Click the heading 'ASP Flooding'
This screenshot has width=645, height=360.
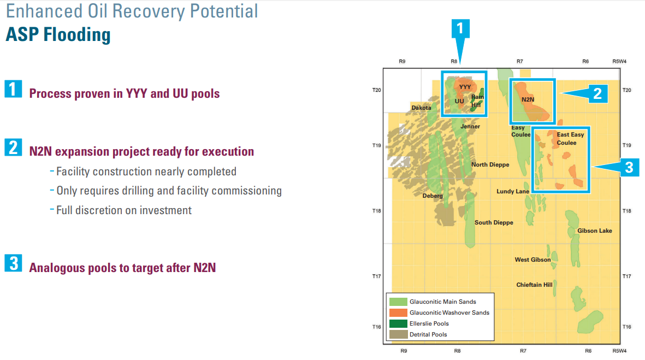pos(58,34)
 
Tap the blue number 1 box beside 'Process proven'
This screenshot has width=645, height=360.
pos(13,89)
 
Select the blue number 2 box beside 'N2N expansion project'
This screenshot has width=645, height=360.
pos(13,147)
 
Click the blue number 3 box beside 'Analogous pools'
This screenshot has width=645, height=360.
pos(13,263)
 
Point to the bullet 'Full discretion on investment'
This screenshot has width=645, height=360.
pos(124,210)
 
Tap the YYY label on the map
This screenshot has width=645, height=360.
pos(465,87)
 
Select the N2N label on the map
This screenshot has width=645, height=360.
pos(528,99)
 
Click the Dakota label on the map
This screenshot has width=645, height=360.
pos(421,108)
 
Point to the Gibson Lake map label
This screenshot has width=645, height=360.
pos(594,231)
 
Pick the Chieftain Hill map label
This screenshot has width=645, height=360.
pos(534,285)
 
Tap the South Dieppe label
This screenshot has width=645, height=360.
pos(494,222)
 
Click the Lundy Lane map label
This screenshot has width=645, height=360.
pos(512,191)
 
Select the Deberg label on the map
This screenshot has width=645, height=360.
pos(433,196)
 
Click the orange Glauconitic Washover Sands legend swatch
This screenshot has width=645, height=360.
pos(398,312)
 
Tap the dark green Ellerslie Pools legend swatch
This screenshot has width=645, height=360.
pos(398,324)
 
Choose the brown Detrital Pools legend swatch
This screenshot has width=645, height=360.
pos(398,334)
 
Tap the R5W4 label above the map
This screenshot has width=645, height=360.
pos(619,61)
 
